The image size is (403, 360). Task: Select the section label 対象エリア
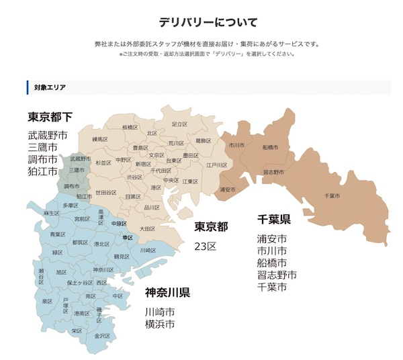50,87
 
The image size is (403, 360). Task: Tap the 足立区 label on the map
179,124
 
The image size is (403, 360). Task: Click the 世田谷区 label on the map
107,193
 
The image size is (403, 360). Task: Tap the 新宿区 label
143,164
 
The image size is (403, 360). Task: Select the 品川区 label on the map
152,208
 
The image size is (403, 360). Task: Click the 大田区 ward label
147,229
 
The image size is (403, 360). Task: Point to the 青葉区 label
57,234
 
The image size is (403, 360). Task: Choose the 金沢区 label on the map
101,335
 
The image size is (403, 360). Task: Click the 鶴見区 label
121,257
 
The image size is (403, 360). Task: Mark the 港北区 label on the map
102,244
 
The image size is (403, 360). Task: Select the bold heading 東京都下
50,117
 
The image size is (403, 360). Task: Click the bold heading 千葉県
274,220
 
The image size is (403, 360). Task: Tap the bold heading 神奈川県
167,293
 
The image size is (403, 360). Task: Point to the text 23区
206,246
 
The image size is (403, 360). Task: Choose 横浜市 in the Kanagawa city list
160,324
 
